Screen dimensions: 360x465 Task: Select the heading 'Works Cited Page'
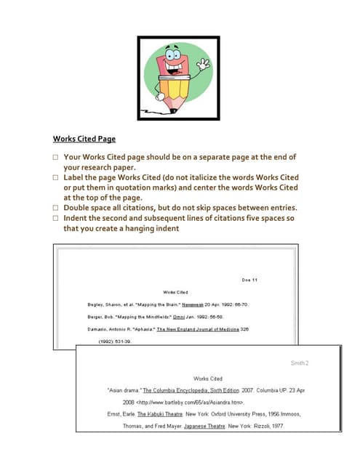[84, 139]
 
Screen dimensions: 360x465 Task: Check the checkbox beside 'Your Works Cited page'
[55, 157]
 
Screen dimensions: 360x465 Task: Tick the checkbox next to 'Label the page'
[55, 177]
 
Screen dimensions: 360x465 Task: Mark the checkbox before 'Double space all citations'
[55, 208]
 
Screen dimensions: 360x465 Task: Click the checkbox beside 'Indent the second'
[55, 218]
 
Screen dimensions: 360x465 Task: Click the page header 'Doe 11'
[249, 280]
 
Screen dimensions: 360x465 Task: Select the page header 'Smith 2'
[300, 363]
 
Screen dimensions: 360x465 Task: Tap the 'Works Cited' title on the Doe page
[177, 292]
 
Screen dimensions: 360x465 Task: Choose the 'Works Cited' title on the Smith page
[207, 379]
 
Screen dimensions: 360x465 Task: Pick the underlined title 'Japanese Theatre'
[205, 426]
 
